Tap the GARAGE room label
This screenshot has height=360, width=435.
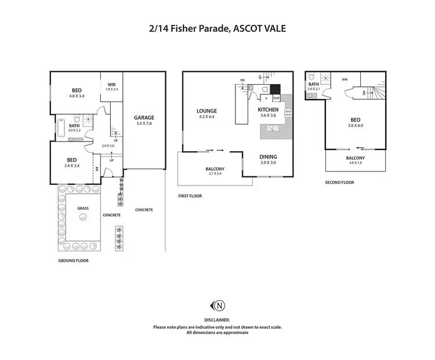coord(144,118)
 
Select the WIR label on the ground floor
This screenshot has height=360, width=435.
coord(112,84)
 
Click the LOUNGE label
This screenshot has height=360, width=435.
coord(206,111)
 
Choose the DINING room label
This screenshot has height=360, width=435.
coord(268,157)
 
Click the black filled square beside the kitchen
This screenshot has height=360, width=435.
coord(275,89)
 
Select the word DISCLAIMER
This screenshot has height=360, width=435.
coord(217,320)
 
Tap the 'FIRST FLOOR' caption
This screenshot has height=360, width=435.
coord(190,197)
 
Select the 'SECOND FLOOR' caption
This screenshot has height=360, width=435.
coord(339,182)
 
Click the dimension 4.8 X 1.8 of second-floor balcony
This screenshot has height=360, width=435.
coord(356,163)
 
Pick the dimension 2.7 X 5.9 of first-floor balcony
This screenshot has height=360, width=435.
coord(215,173)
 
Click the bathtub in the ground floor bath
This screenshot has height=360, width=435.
coord(60,129)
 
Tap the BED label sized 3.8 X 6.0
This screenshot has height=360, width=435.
coord(355,122)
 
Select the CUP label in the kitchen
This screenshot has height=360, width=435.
coord(276,99)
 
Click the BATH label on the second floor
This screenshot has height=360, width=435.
coord(313,85)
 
